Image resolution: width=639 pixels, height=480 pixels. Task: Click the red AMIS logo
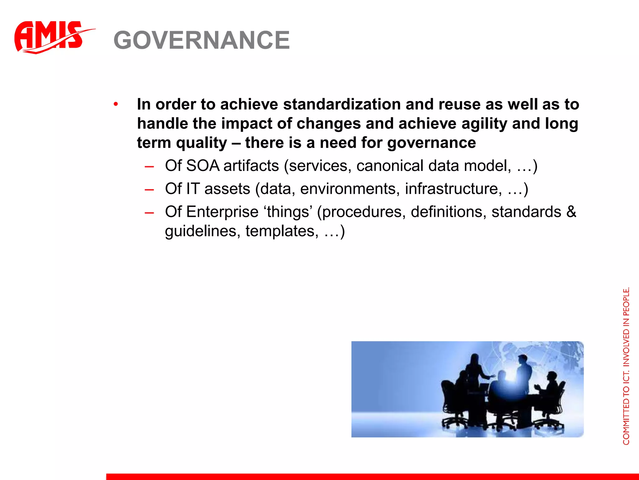pos(50,37)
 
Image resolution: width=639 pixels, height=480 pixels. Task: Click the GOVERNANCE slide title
pos(202,40)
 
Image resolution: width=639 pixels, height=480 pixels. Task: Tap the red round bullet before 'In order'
pos(116,104)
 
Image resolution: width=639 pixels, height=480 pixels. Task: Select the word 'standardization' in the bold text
pos(342,104)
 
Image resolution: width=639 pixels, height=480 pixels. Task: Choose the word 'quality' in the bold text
pos(202,143)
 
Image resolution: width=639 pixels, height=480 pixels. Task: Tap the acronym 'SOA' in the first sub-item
pos(203,166)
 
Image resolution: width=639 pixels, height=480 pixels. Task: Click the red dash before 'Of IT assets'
pos(149,189)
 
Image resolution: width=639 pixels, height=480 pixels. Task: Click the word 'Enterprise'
pos(222,212)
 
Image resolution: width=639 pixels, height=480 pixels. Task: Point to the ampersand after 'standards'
pos(571,212)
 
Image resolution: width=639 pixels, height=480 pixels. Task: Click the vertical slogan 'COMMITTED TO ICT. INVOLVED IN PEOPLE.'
pos(626,366)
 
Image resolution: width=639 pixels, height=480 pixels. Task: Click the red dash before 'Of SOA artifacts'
pos(149,166)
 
